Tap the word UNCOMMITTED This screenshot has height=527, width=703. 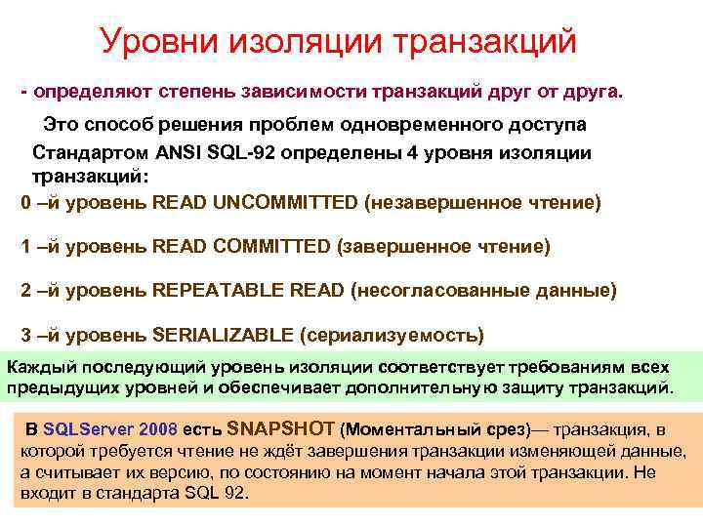(x=285, y=203)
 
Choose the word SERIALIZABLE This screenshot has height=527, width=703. (x=224, y=335)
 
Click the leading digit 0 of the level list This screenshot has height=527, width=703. (x=25, y=203)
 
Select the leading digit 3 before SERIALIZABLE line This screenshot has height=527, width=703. (x=25, y=335)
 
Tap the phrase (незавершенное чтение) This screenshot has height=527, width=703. (x=483, y=203)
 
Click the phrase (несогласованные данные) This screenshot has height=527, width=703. (x=483, y=291)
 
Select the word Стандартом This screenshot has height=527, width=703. (x=85, y=153)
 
